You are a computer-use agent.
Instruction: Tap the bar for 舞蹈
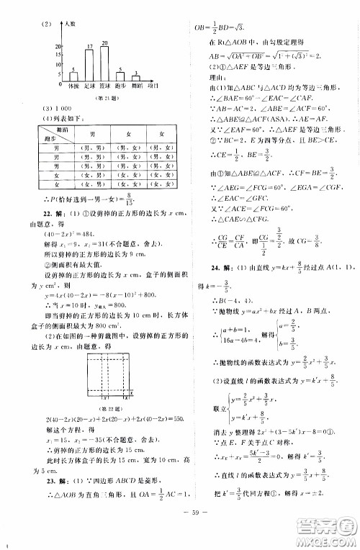[x=135, y=79]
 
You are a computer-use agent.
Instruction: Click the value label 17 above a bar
[x=89, y=48]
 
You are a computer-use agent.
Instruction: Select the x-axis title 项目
[x=153, y=86]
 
